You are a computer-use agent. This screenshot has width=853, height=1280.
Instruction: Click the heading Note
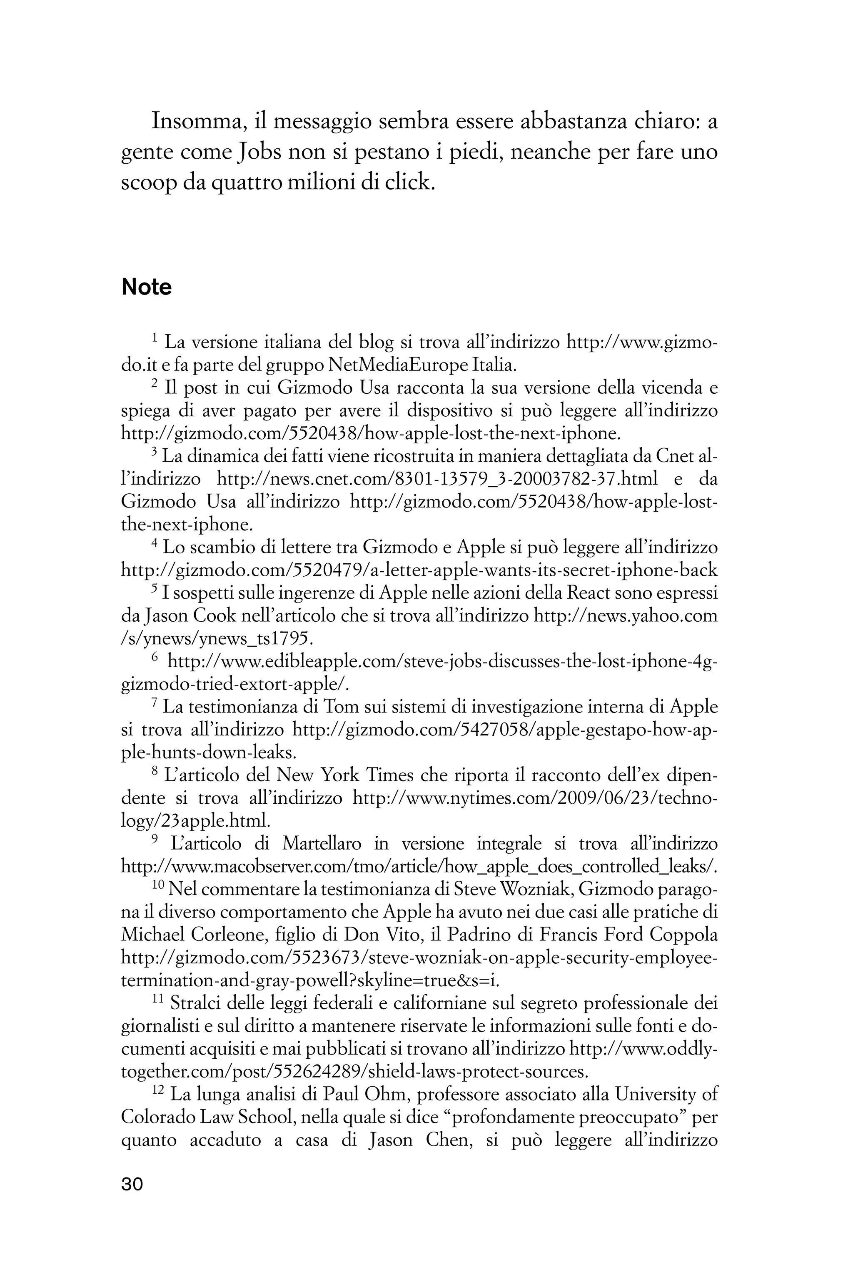[x=146, y=287]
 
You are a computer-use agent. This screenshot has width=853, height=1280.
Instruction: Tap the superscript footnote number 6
[x=155, y=658]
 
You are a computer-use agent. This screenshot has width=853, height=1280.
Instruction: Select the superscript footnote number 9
[x=155, y=840]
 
